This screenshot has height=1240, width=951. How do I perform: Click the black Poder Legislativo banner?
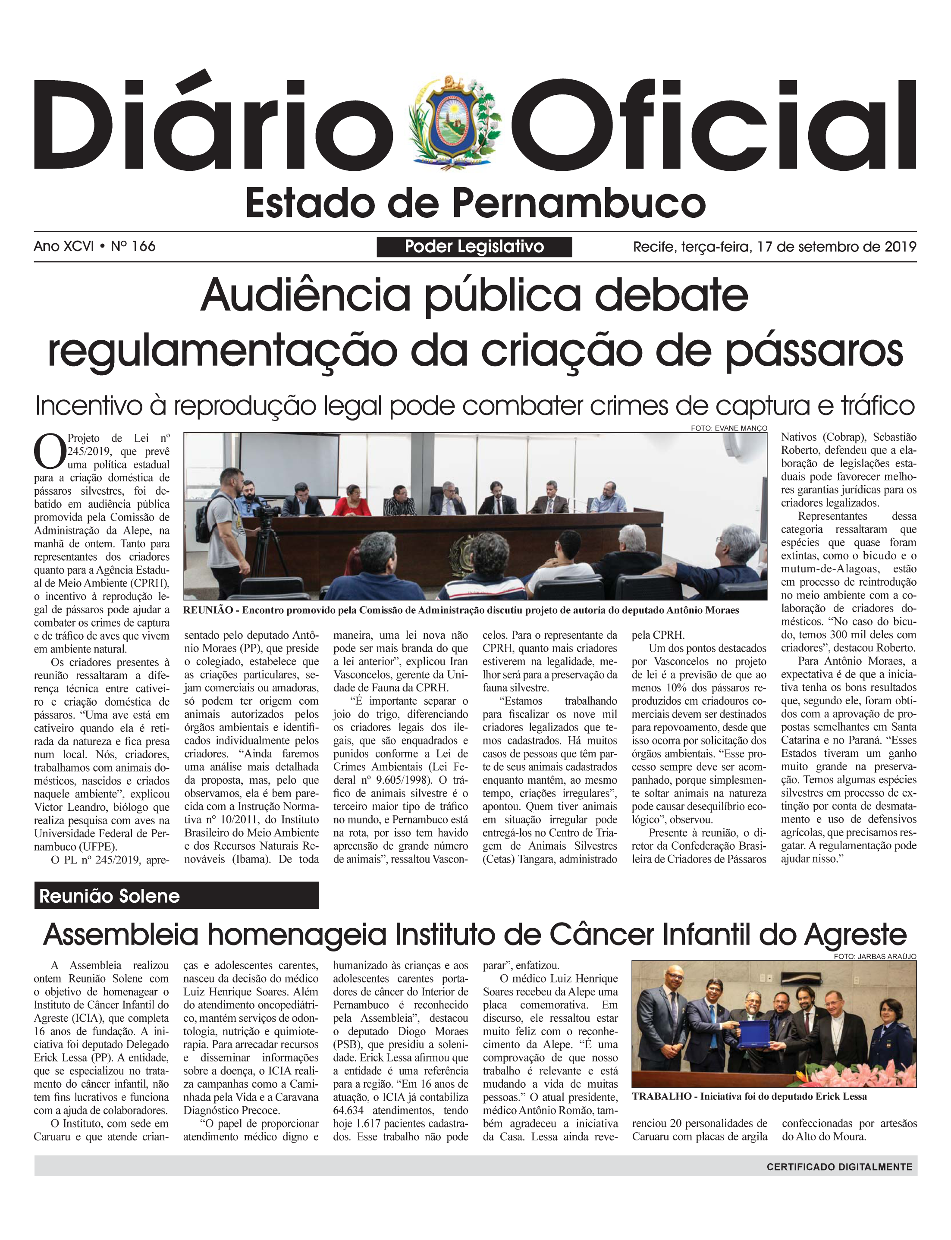tap(474, 247)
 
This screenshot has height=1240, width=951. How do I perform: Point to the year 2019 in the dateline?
tap(900, 247)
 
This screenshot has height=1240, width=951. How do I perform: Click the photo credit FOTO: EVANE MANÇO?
tap(728, 428)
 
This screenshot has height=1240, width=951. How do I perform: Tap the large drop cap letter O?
tap(50, 451)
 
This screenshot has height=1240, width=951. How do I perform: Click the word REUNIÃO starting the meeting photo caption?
tap(208, 610)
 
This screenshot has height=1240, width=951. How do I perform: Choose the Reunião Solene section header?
tap(109, 896)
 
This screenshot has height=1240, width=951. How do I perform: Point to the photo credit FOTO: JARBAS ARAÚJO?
tap(875, 957)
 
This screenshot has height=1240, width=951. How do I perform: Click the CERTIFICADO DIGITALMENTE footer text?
tap(839, 1166)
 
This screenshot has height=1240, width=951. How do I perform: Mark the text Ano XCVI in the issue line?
tap(63, 246)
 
